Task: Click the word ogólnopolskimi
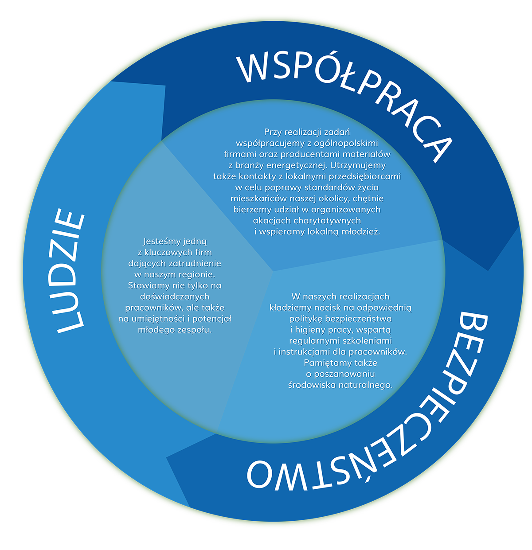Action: (342, 143)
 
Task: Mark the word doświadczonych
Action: (175, 296)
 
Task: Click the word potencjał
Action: (212, 319)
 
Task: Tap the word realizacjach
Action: (364, 296)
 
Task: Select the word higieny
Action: (310, 330)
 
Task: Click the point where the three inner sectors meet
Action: (273, 271)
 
